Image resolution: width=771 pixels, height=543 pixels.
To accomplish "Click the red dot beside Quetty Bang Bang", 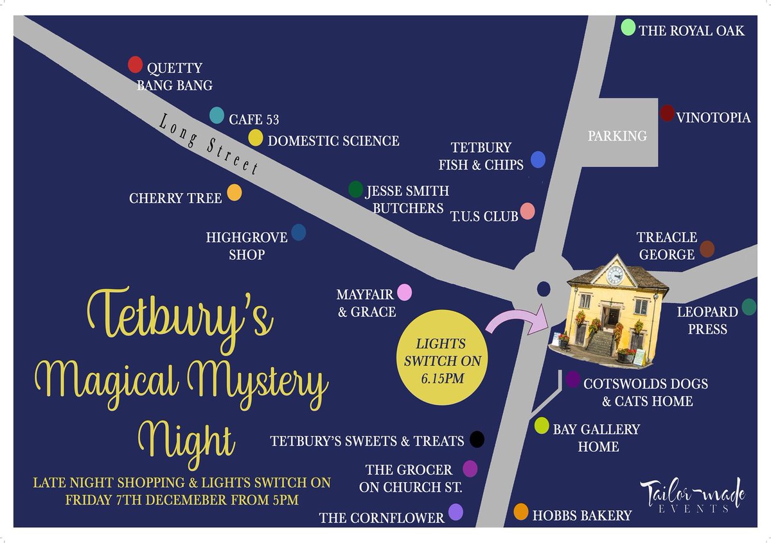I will tap(135, 64).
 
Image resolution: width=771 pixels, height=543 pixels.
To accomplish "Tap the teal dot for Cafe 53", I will tap(217, 116).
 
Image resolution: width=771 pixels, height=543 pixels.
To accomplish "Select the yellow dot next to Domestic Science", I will tap(255, 138).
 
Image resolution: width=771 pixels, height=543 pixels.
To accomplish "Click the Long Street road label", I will tap(209, 144).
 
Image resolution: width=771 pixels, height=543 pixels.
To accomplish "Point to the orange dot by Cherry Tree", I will tap(235, 193).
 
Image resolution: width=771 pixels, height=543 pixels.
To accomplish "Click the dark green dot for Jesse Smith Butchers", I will tap(355, 189).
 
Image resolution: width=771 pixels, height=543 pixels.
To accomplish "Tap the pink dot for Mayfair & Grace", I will tap(404, 293).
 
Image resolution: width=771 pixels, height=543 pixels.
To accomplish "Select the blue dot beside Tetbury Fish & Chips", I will tap(538, 160).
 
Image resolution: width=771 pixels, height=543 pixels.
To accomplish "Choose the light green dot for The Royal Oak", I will tap(628, 27).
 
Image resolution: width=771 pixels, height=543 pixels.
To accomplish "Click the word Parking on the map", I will tap(617, 136).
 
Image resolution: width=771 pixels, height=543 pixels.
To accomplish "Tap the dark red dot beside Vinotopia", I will tap(667, 114).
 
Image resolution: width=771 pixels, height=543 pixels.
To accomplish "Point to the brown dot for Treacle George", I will tap(707, 249).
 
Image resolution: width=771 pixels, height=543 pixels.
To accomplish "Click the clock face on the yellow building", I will tap(615, 275).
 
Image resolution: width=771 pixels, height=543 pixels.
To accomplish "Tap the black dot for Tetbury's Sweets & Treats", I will tap(476, 440).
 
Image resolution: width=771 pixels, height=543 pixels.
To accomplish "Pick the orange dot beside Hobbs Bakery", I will tap(520, 512).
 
